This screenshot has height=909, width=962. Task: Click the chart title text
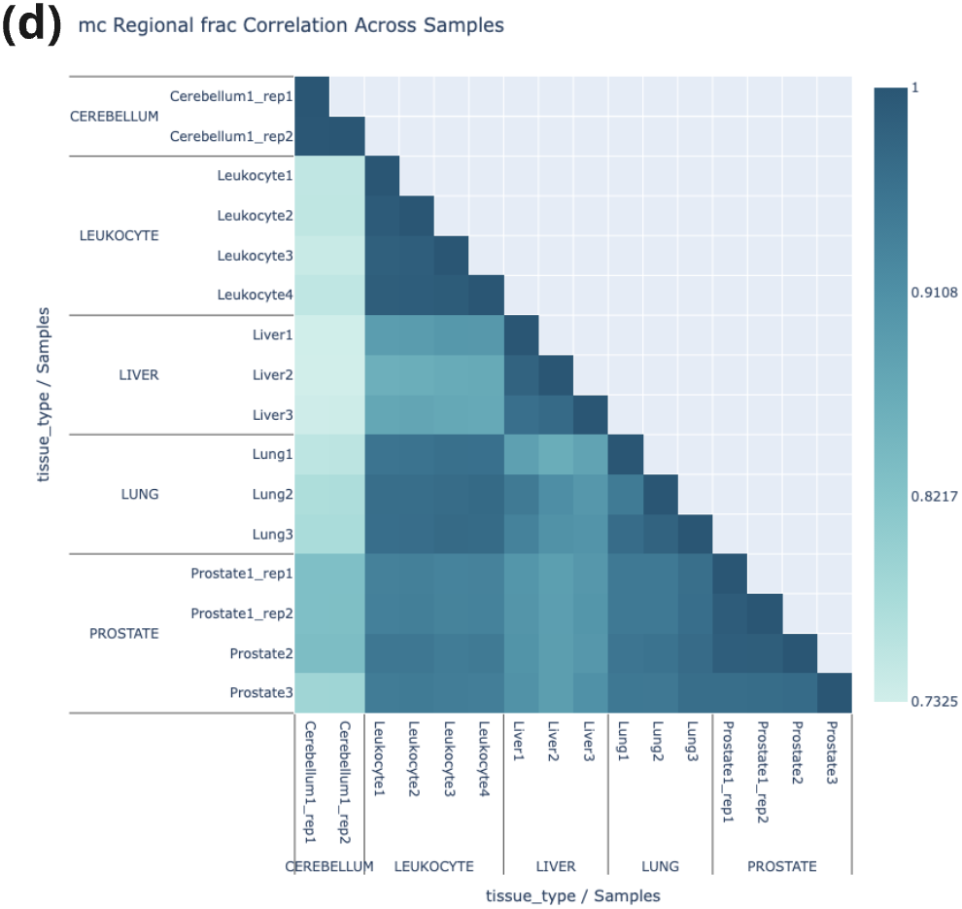point(292,25)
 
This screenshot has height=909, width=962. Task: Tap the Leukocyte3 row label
point(255,255)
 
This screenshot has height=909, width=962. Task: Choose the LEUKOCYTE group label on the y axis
point(119,235)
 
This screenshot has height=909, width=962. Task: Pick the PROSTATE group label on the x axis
point(781,866)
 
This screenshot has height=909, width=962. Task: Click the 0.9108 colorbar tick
point(935,293)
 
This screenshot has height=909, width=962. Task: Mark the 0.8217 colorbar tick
point(935,497)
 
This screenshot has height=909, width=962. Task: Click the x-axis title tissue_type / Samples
point(572,895)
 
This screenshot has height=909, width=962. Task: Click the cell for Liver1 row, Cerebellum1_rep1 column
point(312,334)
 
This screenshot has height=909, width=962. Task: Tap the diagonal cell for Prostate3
point(834,692)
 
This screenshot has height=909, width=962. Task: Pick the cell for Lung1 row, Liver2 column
point(556,454)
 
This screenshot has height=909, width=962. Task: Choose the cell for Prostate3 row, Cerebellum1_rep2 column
point(347,692)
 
